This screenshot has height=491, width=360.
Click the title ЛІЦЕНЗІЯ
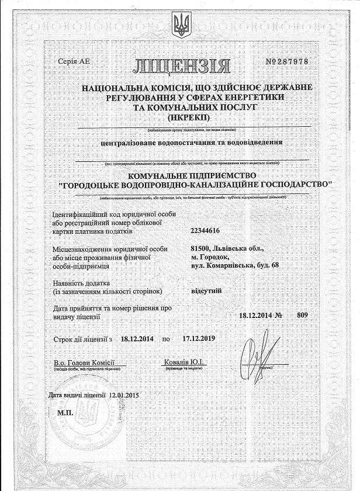pyautogui.click(x=181, y=65)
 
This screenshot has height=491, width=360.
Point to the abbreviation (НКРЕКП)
pyautogui.click(x=180, y=117)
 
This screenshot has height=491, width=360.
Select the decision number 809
pyautogui.click(x=302, y=315)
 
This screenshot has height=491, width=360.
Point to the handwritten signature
pyautogui.click(x=255, y=351)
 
